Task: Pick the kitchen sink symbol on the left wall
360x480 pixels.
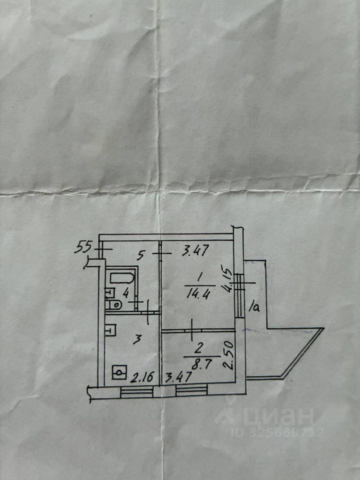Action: [111, 330]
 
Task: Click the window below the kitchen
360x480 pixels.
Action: [136, 392]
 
